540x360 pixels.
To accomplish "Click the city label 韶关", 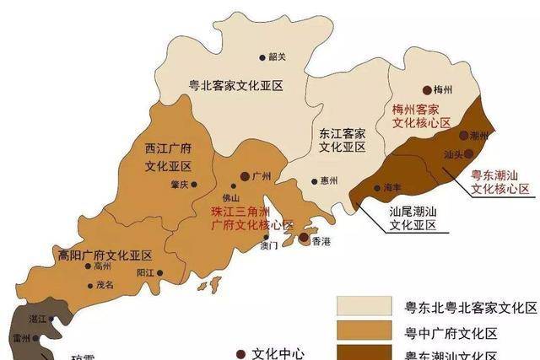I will [x=278, y=57].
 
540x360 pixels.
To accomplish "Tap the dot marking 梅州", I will [x=427, y=90].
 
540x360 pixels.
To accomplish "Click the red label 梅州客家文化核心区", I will [x=417, y=116].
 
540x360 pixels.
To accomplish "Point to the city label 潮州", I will [x=479, y=136].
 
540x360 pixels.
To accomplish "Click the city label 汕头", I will [x=453, y=155].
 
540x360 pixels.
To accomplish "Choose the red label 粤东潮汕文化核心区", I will [x=499, y=182].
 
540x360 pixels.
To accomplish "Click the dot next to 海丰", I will [x=375, y=187].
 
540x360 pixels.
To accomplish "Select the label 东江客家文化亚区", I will [x=342, y=140].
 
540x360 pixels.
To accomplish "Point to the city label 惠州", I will [x=328, y=181].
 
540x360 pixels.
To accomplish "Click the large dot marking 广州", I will [x=244, y=177].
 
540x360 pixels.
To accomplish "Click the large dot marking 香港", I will [x=304, y=239].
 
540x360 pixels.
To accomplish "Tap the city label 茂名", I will [x=103, y=285].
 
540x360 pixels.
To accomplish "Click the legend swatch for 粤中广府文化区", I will [x=364, y=330].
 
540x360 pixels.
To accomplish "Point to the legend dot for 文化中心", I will [x=241, y=353].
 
